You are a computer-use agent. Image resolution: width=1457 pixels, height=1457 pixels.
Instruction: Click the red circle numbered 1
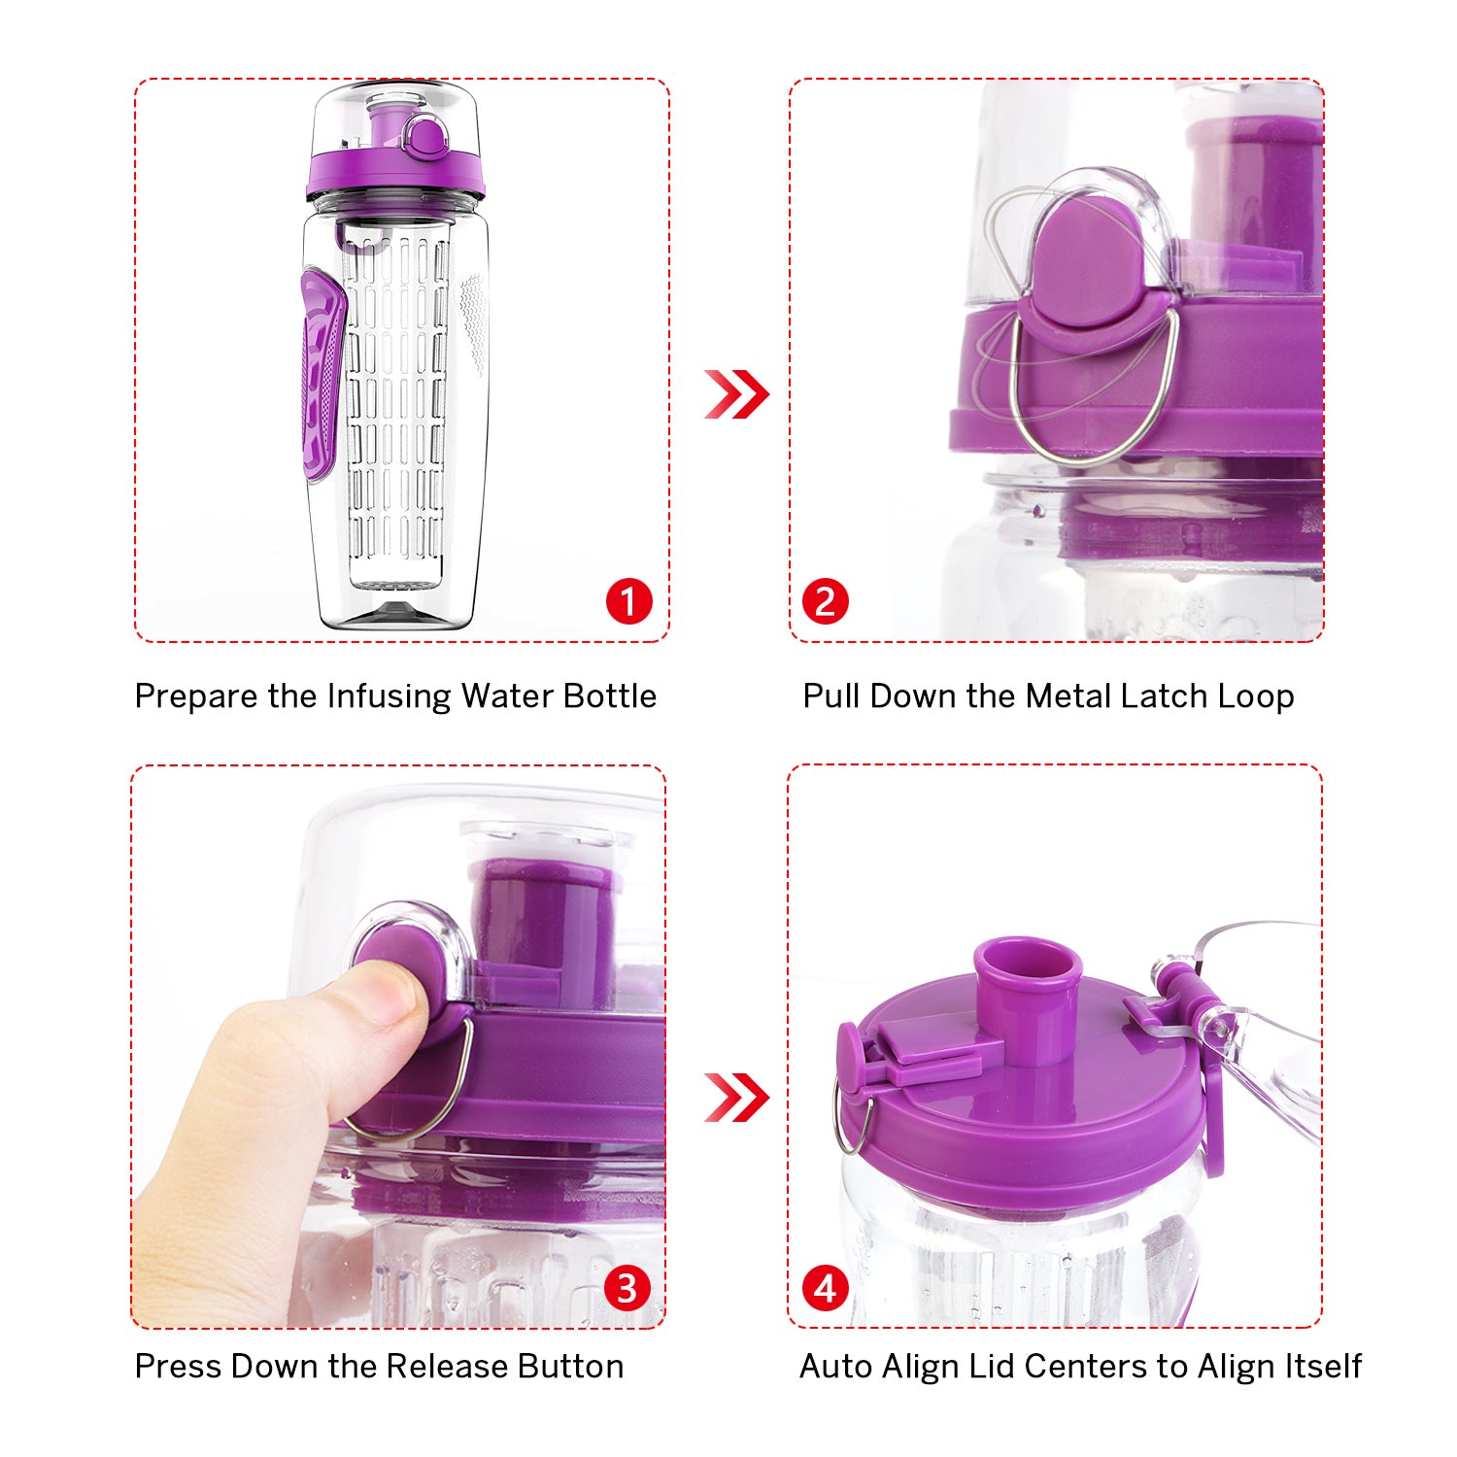628,601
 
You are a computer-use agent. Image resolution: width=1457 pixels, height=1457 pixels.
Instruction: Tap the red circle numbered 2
825,601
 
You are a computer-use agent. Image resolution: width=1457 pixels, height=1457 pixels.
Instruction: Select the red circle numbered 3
627,1288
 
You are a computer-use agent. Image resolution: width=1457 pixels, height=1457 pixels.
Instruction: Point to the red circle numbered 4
825,1288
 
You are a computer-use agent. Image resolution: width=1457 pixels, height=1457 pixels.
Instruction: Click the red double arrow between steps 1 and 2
735,394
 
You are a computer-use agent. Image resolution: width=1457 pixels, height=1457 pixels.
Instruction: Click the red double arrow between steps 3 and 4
735,1098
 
